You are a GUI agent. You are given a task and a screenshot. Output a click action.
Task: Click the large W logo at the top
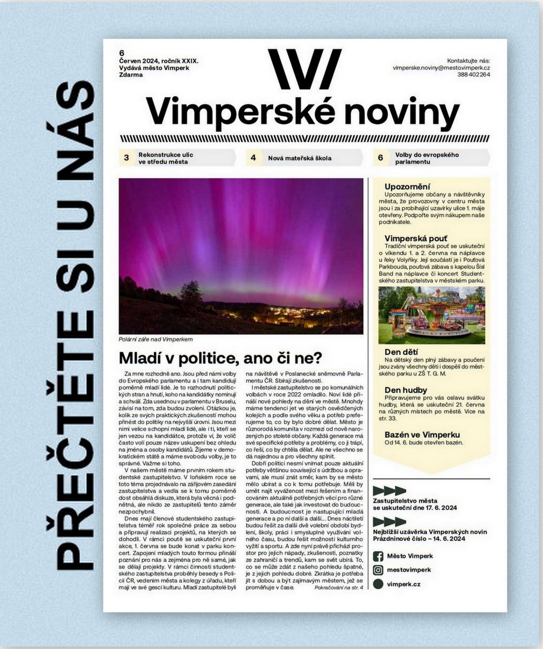[x=304, y=69]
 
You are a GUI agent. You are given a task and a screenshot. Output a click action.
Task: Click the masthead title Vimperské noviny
[x=302, y=111]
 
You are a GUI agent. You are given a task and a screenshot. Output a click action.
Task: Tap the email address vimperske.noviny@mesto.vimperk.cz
[x=442, y=68]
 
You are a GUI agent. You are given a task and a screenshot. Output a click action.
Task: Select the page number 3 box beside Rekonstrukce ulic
[x=126, y=158]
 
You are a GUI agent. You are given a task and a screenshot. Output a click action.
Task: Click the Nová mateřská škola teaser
[x=300, y=158]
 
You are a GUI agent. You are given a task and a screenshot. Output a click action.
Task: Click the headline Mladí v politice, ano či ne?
[x=221, y=358]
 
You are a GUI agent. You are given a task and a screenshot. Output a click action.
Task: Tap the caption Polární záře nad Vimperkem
[x=156, y=339]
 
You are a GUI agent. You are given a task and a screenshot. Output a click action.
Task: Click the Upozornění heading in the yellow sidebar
[x=407, y=186]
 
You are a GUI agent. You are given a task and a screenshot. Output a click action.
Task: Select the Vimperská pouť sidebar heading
[x=414, y=238]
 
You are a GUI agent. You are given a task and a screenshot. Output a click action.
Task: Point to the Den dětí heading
[x=401, y=352]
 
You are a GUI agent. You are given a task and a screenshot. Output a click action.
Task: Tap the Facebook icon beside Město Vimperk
[x=379, y=556]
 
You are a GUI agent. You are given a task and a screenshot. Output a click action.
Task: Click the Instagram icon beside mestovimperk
[x=379, y=570]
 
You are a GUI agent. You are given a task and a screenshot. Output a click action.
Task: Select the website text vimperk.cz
[x=404, y=584]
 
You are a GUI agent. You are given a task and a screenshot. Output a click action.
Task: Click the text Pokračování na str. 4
[x=339, y=588]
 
